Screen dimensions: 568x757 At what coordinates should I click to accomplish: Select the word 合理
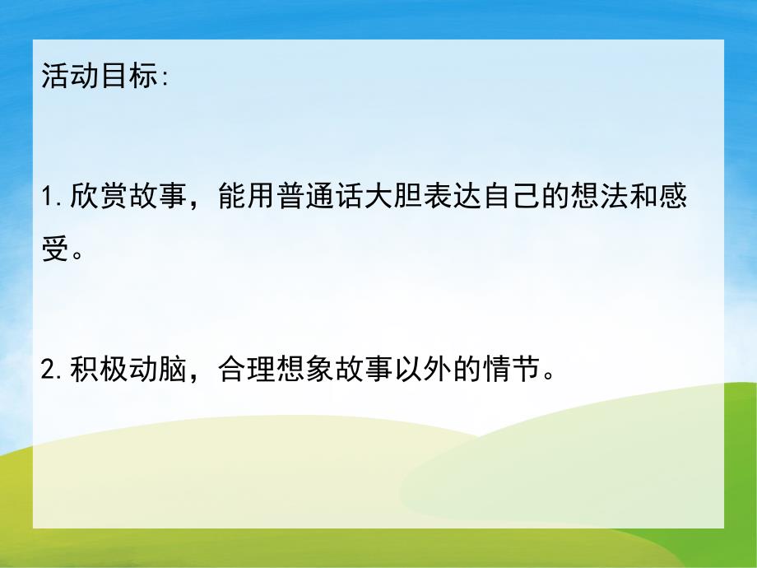[x=247, y=370]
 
